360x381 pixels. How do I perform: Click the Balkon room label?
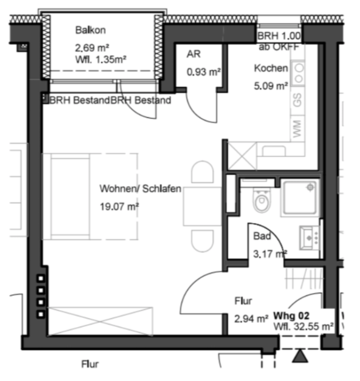click(x=91, y=30)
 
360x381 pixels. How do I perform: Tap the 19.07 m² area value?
click(x=119, y=207)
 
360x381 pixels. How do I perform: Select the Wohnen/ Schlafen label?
click(x=140, y=188)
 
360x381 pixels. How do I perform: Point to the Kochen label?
click(x=271, y=68)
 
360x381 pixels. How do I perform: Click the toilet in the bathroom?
click(x=261, y=200)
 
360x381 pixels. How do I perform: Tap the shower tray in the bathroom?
click(x=300, y=197)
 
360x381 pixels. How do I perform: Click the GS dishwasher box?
click(x=298, y=100)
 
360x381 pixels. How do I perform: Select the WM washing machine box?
click(x=298, y=128)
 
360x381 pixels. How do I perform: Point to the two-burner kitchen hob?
click(x=298, y=73)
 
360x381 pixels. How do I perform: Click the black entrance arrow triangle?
click(x=300, y=357)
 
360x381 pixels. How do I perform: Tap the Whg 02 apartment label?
click(x=291, y=316)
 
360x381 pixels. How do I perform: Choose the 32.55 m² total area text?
click(x=314, y=326)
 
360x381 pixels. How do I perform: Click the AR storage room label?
click(x=194, y=54)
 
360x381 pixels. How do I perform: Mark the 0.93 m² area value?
click(x=203, y=72)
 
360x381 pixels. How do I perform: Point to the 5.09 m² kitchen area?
click(x=271, y=86)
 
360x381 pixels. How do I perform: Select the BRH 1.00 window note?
click(x=279, y=36)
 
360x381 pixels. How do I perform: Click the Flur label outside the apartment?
click(x=90, y=364)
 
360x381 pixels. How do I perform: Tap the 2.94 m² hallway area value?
click(x=251, y=319)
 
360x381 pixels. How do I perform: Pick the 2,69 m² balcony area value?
click(x=92, y=48)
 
